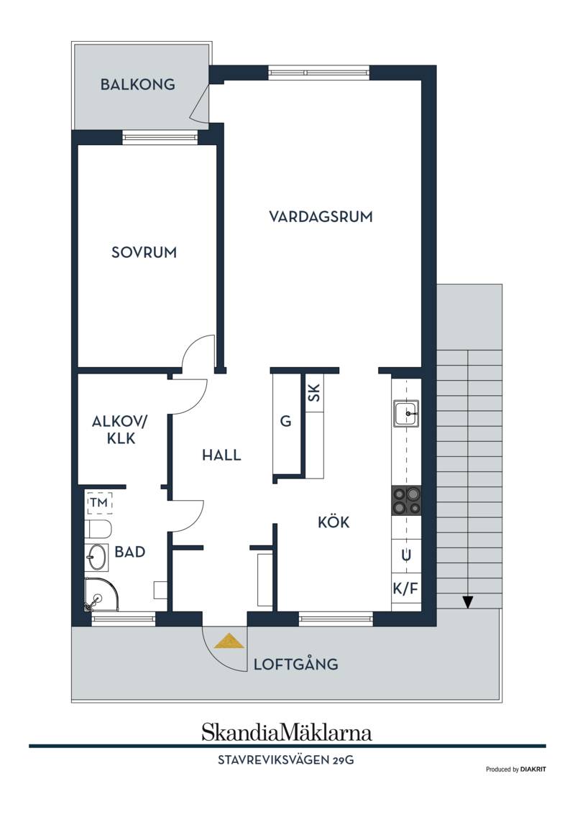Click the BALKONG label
tap(138, 85)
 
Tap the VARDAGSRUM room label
tap(321, 216)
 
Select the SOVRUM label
tap(144, 252)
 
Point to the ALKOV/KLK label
tap(120, 430)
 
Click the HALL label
tap(222, 455)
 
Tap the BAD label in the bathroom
tap(130, 552)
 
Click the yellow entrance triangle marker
tap(229, 641)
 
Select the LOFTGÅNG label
tap(295, 663)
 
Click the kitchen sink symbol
tap(406, 414)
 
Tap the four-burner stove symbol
tap(406, 501)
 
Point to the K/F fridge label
tap(405, 588)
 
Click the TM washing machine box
tap(99, 502)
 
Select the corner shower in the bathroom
tap(101, 595)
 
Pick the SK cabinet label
tap(313, 392)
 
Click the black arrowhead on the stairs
tap(468, 601)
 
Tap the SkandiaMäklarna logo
tap(287, 733)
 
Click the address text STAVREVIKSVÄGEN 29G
tap(285, 760)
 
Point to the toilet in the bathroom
tap(98, 529)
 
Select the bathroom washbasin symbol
tap(96, 558)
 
